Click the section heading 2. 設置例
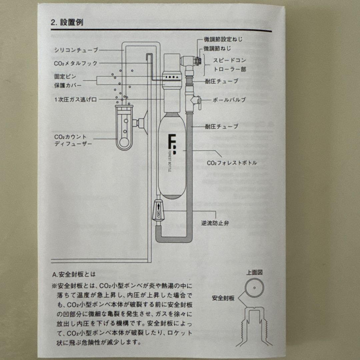(x=67, y=23)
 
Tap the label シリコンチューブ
(x=76, y=50)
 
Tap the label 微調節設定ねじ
(x=223, y=39)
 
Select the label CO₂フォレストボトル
(x=232, y=163)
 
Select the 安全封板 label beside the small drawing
(x=223, y=298)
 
